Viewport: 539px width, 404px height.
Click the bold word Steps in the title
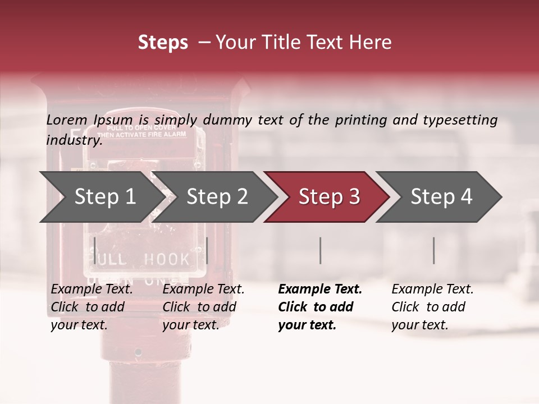point(163,43)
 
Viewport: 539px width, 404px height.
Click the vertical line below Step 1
point(94,250)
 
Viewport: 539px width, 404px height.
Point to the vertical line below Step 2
point(207,250)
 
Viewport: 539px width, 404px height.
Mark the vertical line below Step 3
point(320,250)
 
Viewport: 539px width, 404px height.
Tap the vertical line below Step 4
point(433,250)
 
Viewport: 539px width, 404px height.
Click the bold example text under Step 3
point(320,307)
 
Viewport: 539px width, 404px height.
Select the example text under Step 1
point(92,307)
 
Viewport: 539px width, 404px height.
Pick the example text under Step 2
point(203,307)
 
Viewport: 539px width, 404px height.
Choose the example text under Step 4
point(432,307)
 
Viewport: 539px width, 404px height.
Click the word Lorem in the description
point(67,120)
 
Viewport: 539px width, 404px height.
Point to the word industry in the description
point(74,140)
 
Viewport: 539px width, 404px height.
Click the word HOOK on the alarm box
point(167,259)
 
